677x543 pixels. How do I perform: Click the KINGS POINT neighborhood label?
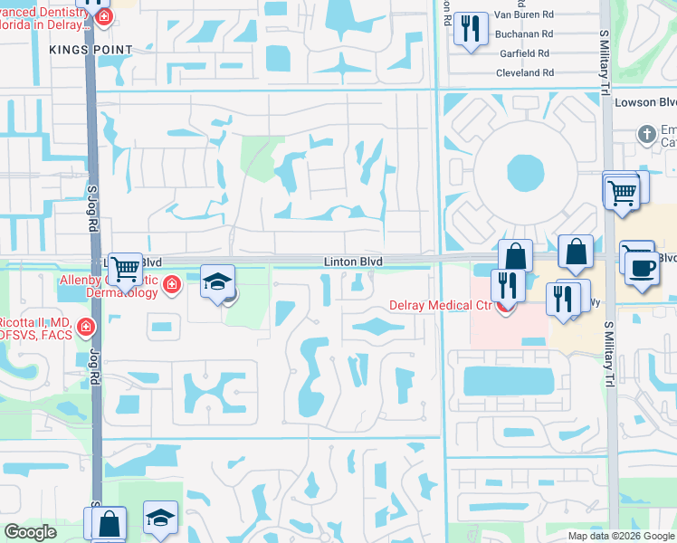(x=91, y=49)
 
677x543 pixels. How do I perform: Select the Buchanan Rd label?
(x=524, y=33)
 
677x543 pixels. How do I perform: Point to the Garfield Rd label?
(x=525, y=52)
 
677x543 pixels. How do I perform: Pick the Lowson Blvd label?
(x=646, y=102)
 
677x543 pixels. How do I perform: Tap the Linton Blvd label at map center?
(x=354, y=262)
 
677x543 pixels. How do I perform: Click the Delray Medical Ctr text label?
(x=439, y=305)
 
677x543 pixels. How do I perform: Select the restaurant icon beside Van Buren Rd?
(x=471, y=28)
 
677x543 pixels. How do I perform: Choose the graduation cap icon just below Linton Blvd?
(x=217, y=281)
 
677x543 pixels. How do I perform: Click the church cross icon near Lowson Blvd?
(x=646, y=135)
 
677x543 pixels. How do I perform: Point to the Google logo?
(x=30, y=532)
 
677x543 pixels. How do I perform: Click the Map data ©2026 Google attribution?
(x=620, y=536)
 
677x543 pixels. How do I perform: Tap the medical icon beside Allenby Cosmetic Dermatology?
(x=171, y=286)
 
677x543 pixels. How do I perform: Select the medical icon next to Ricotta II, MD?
(x=85, y=327)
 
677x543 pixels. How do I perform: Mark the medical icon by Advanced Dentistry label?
(x=105, y=18)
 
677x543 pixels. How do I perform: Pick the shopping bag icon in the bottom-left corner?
(x=109, y=523)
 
